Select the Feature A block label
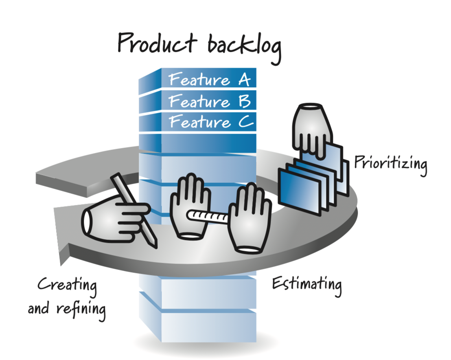click(209, 79)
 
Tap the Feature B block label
click(209, 101)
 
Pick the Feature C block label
click(211, 122)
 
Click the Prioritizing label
click(390, 163)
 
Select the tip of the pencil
click(154, 245)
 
